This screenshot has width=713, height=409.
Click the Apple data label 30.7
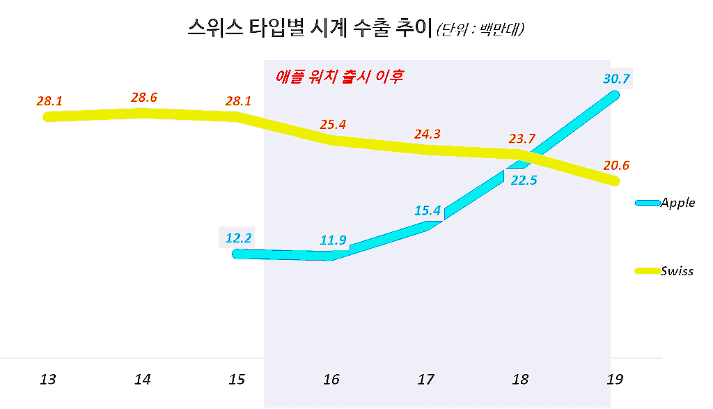[616, 79]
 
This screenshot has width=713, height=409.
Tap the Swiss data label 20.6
[616, 166]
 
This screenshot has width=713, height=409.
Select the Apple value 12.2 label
[238, 238]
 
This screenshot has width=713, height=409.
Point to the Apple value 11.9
[333, 241]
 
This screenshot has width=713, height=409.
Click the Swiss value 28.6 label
[143, 98]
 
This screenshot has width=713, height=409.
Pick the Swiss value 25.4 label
[333, 125]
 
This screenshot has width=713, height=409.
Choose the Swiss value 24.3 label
[427, 134]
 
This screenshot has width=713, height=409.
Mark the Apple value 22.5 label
[524, 180]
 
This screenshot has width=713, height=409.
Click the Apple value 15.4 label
[428, 210]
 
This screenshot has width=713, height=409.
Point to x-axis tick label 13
[48, 380]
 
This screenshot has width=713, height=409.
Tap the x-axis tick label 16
[331, 380]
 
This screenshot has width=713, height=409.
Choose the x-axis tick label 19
[615, 380]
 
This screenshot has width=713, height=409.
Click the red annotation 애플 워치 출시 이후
[340, 75]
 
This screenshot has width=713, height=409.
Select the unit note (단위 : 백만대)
[480, 30]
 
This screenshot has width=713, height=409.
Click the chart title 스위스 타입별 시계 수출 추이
[310, 29]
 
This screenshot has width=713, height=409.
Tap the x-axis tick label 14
[143, 380]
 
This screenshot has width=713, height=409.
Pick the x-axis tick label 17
[425, 380]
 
